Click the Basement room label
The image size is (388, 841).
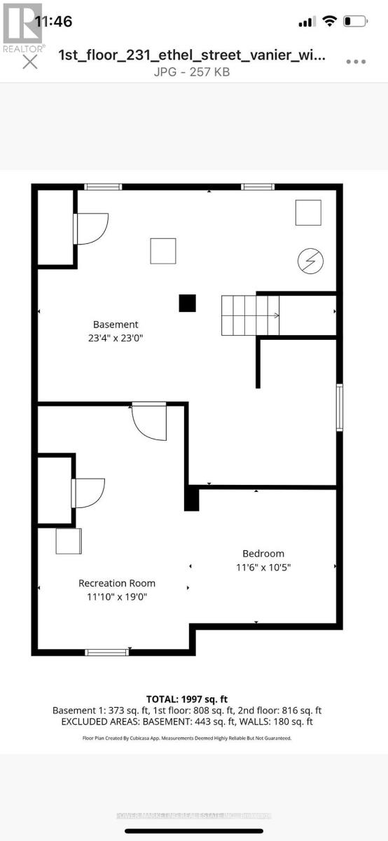tap(116, 324)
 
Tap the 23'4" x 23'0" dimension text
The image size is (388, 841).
tap(116, 337)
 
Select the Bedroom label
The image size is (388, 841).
tap(263, 554)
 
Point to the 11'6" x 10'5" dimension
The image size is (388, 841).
tap(263, 567)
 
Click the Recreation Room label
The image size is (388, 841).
tap(117, 583)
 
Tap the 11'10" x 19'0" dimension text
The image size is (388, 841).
tap(117, 597)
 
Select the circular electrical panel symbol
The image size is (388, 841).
tap(308, 261)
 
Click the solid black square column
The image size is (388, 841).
tap(187, 303)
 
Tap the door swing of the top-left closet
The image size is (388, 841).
tap(92, 228)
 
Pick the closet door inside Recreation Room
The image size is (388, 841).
tap(89, 493)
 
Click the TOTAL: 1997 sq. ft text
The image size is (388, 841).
tap(186, 699)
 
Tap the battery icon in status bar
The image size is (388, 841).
tap(356, 22)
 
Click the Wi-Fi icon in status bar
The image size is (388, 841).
tap(329, 22)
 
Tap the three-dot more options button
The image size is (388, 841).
tap(356, 62)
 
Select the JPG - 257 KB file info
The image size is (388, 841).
tap(192, 71)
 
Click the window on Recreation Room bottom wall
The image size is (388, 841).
tap(106, 652)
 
